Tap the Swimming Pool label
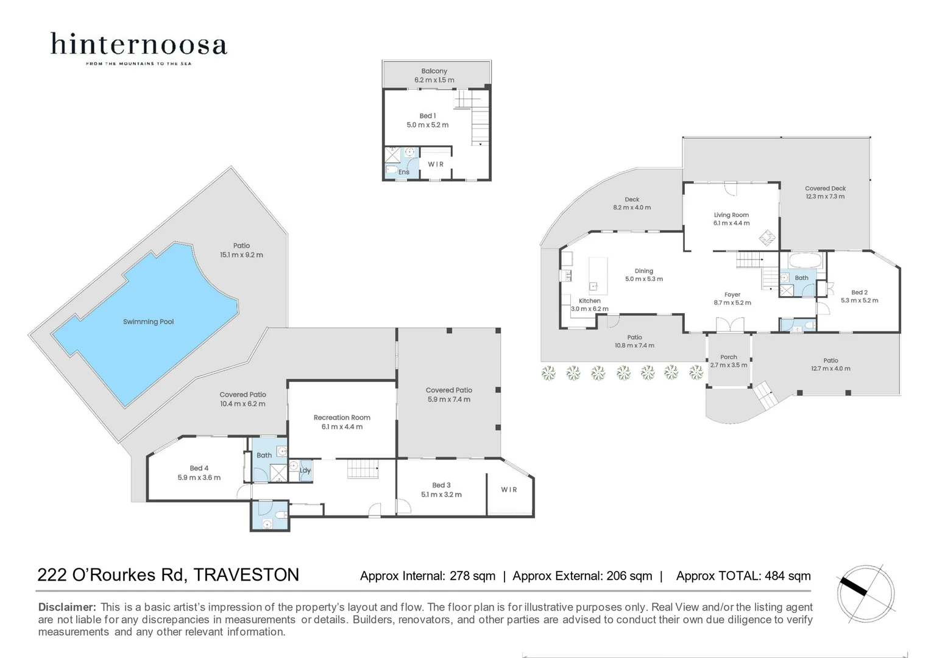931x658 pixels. click(x=148, y=322)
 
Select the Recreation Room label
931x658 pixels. click(x=342, y=418)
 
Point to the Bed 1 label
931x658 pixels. click(x=427, y=116)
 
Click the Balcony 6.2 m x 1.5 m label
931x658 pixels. click(x=434, y=76)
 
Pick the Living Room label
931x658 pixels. click(x=731, y=215)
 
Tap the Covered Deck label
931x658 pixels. click(x=825, y=189)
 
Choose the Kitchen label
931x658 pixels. click(x=589, y=301)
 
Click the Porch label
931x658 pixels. click(x=728, y=357)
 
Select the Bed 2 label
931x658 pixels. click(x=859, y=292)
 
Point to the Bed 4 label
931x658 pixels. click(x=199, y=469)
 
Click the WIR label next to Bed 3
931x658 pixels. click(x=509, y=490)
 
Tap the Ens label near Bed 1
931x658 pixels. click(x=404, y=172)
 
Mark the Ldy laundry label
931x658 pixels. click(x=305, y=470)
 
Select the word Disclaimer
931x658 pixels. click(x=67, y=607)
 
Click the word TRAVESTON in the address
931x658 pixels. click(x=246, y=575)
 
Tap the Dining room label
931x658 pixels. click(x=643, y=271)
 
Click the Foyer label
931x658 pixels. click(x=732, y=295)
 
